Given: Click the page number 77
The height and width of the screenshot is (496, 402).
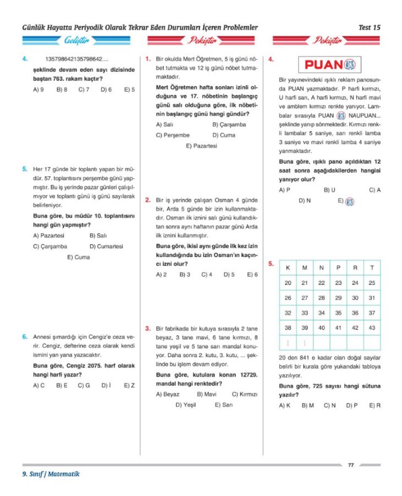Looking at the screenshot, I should (351, 465).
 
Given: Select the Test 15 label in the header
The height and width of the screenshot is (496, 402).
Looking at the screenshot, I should (369, 27).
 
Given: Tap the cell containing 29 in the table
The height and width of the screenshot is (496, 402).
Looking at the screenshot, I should (338, 298).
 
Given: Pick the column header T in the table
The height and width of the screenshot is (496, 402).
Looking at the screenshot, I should (372, 268).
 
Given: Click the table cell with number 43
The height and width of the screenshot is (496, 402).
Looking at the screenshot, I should (372, 328).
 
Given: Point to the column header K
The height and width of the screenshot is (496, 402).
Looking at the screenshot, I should (287, 268).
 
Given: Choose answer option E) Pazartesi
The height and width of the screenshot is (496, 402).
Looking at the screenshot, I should (202, 146).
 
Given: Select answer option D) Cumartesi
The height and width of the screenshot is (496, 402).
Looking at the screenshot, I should (106, 246).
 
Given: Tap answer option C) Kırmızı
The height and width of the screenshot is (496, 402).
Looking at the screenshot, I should (245, 394).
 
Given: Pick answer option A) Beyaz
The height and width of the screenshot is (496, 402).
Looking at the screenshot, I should (167, 394).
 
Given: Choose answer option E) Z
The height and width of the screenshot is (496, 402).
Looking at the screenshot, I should (129, 385).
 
